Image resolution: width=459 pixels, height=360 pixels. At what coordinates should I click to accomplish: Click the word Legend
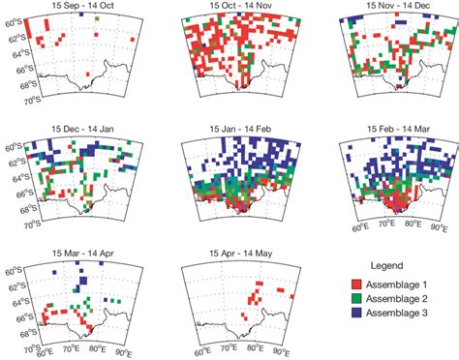(387, 263)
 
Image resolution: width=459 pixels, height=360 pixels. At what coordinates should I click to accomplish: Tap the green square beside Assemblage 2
(356, 300)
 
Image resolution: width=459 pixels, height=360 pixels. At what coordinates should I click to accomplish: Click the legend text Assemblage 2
(400, 300)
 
